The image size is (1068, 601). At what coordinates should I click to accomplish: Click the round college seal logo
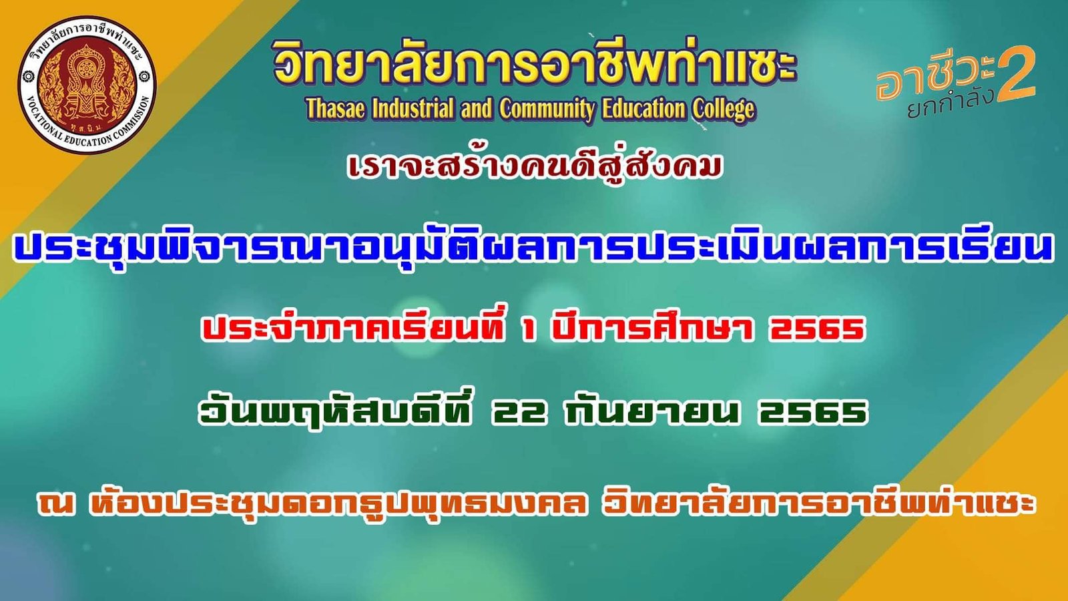click(87, 84)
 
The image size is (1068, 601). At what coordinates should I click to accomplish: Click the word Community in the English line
click(547, 110)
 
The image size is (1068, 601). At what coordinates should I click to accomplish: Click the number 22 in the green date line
click(518, 413)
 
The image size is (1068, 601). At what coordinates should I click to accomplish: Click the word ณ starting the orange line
click(57, 504)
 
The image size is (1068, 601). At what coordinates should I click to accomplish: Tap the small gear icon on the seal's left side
click(27, 76)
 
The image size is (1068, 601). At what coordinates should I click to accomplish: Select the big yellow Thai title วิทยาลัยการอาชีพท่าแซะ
click(533, 66)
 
